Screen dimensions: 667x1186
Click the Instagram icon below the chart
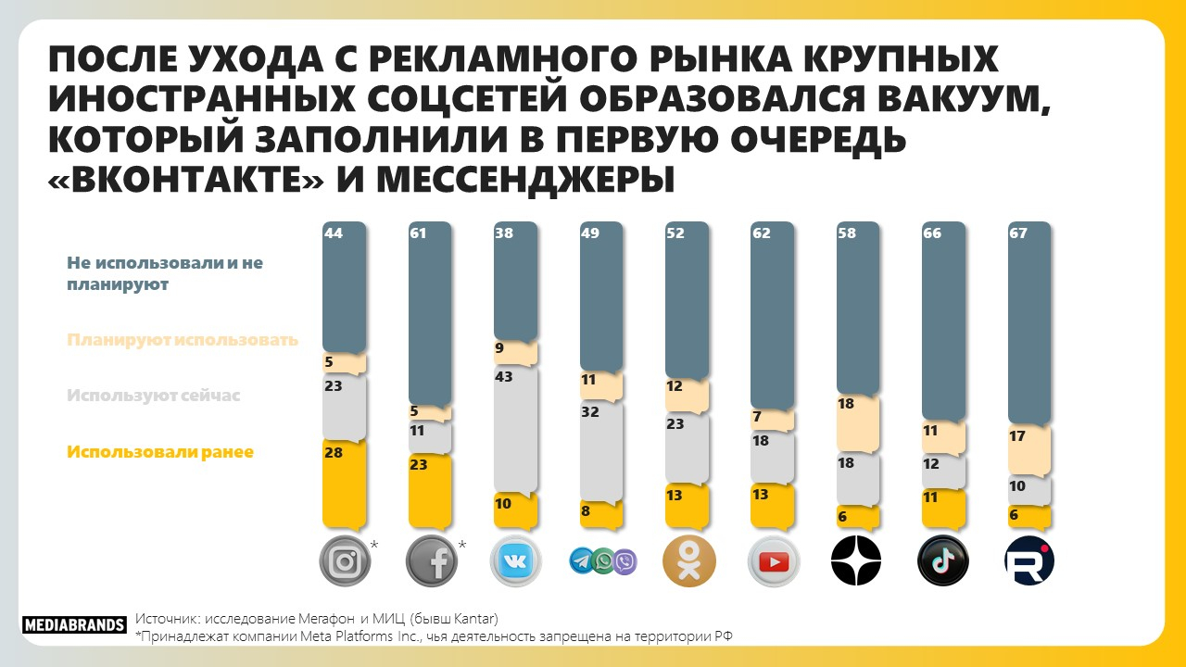click(344, 561)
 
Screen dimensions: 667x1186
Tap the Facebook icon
click(430, 561)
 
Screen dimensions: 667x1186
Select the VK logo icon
click(515, 561)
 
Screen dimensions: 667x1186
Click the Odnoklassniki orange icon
click(688, 560)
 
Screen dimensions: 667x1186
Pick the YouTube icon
click(773, 561)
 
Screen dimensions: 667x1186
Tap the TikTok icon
click(942, 560)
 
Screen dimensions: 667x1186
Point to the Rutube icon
click(1029, 560)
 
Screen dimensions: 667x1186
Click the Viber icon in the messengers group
click(625, 560)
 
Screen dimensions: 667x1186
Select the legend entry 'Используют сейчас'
click(153, 396)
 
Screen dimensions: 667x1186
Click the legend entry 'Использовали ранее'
click(159, 452)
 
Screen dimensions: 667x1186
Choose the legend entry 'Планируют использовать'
click(182, 340)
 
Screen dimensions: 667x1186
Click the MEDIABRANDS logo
click(73, 624)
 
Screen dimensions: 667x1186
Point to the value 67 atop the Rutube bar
click(1017, 233)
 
